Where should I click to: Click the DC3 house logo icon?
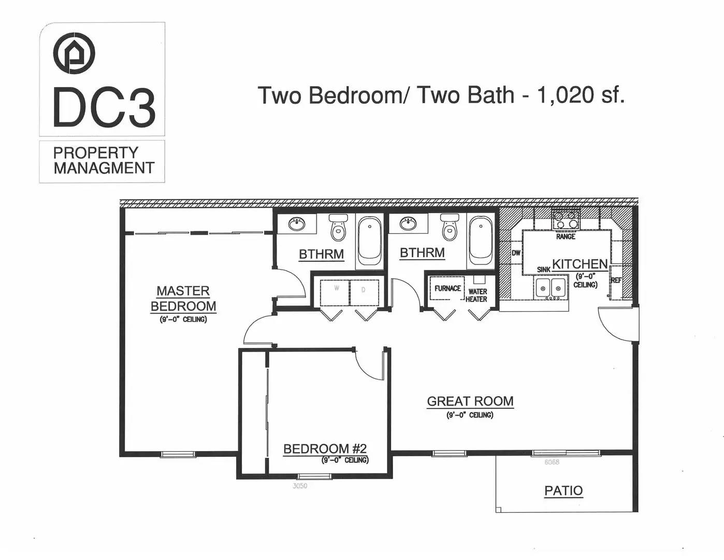point(74,53)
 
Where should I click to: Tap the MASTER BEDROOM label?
point(183,299)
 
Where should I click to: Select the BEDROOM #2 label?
point(325,449)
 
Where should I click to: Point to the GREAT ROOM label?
point(470,401)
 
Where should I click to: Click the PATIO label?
point(563,491)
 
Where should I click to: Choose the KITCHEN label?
point(580,264)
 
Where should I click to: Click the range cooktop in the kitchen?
point(566,220)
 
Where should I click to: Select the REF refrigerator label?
point(616,281)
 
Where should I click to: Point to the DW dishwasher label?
point(516,253)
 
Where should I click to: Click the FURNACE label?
point(447,288)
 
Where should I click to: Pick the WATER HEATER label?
point(476,296)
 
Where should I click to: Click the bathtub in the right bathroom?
point(481,239)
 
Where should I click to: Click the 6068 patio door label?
point(552,462)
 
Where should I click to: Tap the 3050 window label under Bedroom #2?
point(300,486)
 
